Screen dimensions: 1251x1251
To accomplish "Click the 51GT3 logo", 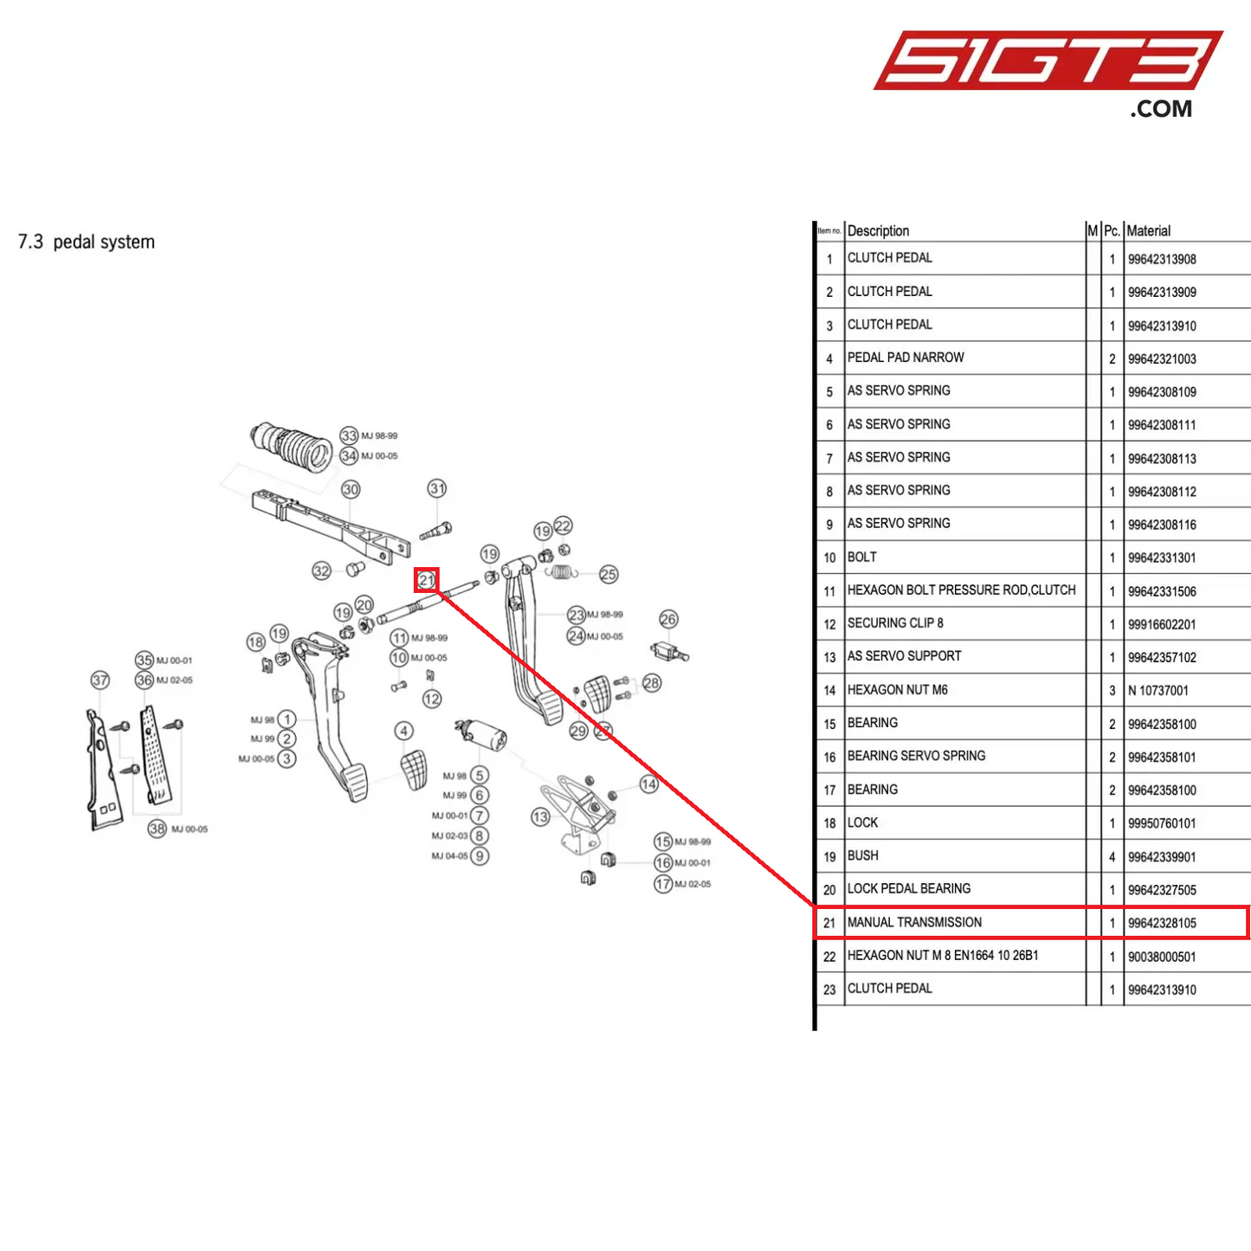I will click(x=1048, y=62).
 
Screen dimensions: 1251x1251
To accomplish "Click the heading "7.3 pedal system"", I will click(x=87, y=242).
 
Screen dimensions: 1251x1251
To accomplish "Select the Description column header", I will click(x=878, y=231).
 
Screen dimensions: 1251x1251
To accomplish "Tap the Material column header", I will click(x=1148, y=231).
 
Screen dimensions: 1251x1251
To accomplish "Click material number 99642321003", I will click(x=1162, y=359).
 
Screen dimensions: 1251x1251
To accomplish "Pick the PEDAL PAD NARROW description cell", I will click(x=906, y=358).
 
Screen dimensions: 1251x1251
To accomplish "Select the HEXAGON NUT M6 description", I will click(x=898, y=690).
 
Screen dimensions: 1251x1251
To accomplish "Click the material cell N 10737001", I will click(x=1158, y=691).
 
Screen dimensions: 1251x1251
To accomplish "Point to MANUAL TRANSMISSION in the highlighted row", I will click(x=914, y=923).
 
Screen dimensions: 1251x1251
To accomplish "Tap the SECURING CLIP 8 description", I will click(x=895, y=623).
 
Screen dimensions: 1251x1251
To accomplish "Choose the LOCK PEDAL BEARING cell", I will click(x=909, y=889).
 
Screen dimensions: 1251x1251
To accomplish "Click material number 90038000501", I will click(x=1162, y=957).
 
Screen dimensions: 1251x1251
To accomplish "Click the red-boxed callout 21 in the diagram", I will click(x=427, y=581).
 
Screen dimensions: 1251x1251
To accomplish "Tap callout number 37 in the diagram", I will click(x=100, y=680).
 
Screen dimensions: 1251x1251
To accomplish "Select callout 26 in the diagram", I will click(x=668, y=619).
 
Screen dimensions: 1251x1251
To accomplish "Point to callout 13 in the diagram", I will click(x=540, y=816).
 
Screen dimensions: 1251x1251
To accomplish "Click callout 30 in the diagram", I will click(x=351, y=489).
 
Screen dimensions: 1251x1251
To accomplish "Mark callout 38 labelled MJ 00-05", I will click(x=157, y=829).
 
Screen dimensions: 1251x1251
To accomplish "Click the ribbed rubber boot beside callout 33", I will click(x=293, y=445).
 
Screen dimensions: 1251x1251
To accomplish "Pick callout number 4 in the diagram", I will click(x=404, y=731).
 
